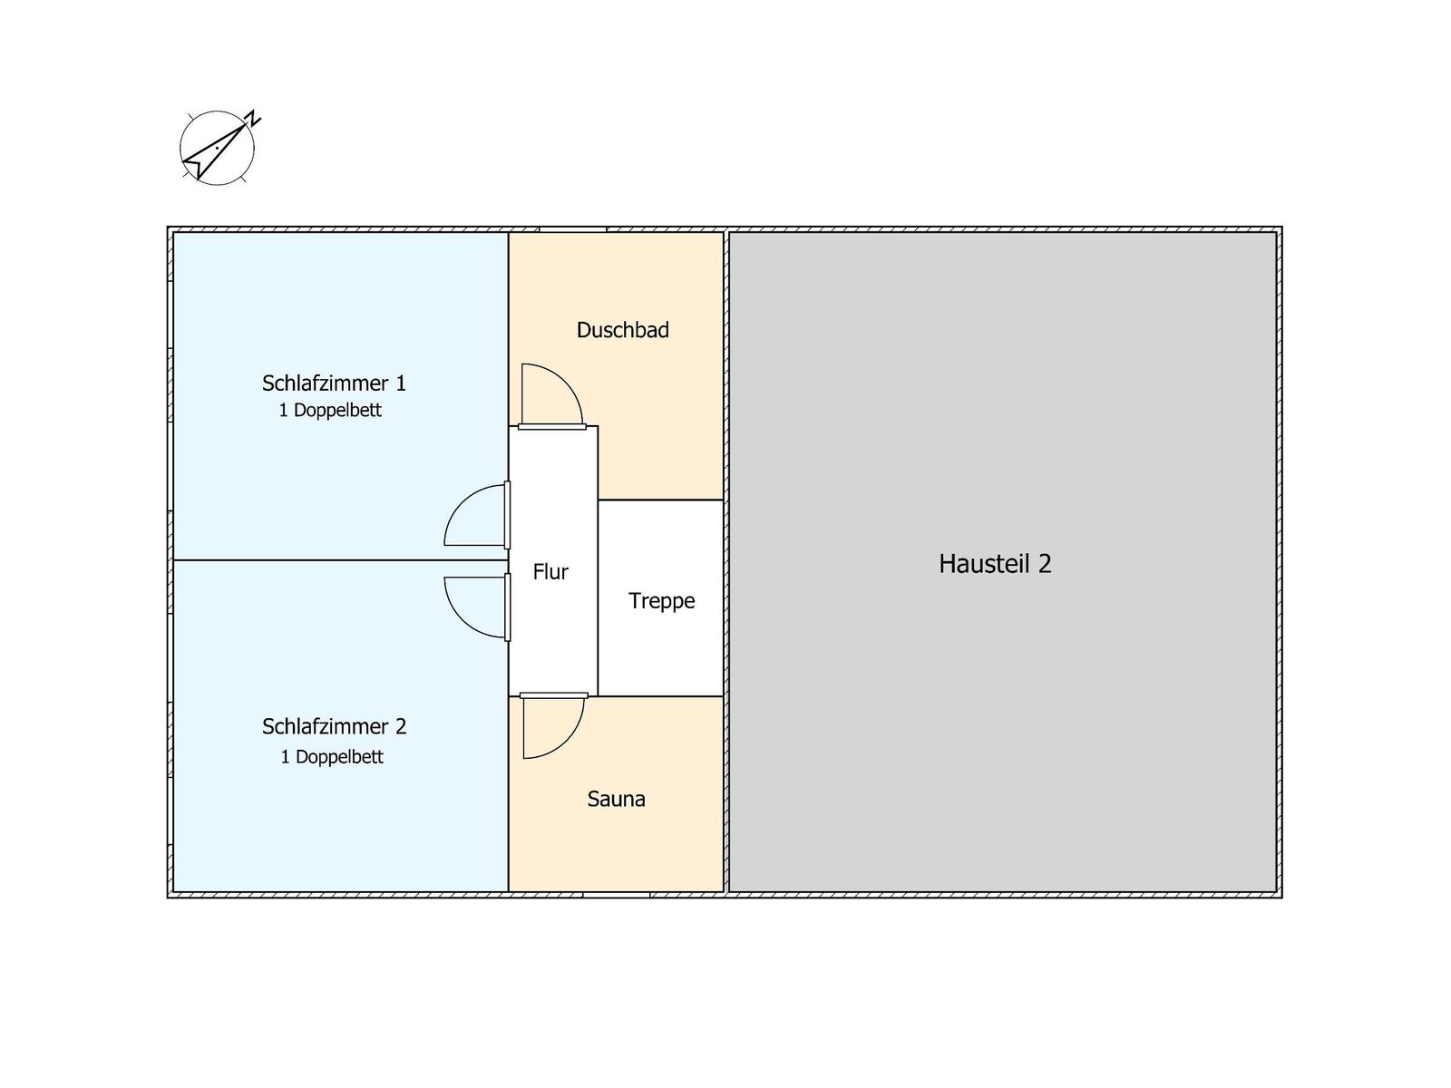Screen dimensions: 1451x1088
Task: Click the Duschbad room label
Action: coord(622,330)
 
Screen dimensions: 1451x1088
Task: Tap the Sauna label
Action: coord(616,799)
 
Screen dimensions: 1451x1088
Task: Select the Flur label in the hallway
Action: coord(550,571)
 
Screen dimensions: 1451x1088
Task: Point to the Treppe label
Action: coord(661,601)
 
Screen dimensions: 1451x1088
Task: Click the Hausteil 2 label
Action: coord(995,563)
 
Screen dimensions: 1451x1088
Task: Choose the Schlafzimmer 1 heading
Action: coord(334,384)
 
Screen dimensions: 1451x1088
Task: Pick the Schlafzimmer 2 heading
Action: coord(334,726)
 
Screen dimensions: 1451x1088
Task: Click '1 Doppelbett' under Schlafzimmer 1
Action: coord(330,410)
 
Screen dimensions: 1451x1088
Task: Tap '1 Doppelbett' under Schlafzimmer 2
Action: coord(332,756)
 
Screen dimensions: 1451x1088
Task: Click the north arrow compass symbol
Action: coord(218,148)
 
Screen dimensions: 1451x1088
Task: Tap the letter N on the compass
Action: coord(253,120)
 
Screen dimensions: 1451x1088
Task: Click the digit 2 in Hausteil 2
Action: coord(1045,563)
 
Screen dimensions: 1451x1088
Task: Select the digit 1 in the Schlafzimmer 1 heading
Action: coord(401,384)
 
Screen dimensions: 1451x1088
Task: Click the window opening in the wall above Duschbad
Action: coord(572,230)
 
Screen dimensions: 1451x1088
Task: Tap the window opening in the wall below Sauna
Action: coord(616,895)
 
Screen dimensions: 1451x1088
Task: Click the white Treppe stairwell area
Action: coord(660,597)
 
